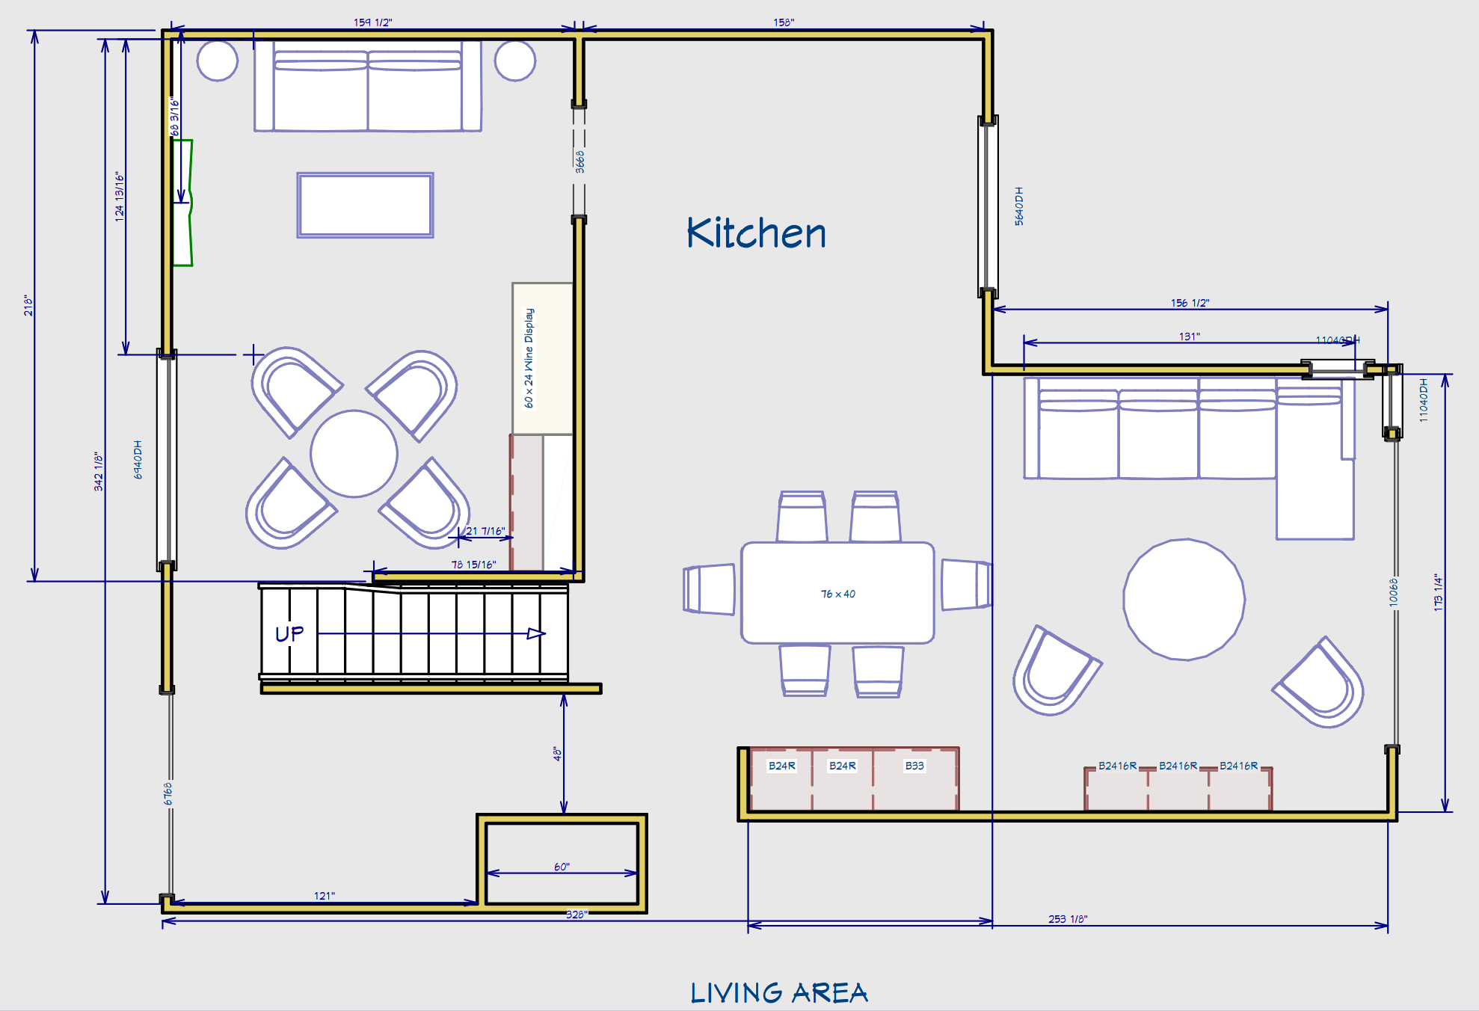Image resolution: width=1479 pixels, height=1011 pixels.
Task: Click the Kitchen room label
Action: pos(756,233)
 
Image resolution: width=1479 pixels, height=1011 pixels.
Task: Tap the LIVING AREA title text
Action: pos(778,993)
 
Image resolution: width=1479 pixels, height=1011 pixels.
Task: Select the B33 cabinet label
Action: pos(914,766)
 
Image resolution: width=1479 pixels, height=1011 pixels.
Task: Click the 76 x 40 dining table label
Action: pos(837,594)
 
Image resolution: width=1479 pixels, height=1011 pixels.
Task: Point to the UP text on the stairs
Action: pos(289,634)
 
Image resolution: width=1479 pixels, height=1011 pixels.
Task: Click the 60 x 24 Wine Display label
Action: pos(529,358)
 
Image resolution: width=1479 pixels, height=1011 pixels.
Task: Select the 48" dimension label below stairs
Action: pos(557,753)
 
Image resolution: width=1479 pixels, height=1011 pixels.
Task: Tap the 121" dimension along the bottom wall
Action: pos(324,896)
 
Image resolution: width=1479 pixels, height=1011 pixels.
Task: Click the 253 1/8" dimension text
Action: pos(1068,919)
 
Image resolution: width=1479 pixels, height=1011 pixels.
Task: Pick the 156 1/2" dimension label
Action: pos(1190,303)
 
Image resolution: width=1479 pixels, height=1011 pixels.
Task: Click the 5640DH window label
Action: pos(1019,206)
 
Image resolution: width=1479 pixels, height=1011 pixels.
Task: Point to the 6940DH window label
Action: pos(138,459)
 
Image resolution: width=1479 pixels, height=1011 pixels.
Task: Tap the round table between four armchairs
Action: pos(354,453)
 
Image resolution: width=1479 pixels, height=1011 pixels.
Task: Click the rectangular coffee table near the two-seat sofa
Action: pos(365,205)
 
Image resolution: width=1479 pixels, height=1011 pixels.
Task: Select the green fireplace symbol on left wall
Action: pos(183,203)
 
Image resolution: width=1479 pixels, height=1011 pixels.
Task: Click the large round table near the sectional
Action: pos(1184,600)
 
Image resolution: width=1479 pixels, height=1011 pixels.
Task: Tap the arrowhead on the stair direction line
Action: pos(536,633)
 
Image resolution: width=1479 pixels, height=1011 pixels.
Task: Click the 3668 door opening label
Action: pos(580,162)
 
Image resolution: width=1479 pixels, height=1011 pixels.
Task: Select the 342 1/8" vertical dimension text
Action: pos(99,471)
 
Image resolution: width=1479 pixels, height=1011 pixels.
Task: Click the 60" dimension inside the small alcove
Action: pos(562,867)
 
